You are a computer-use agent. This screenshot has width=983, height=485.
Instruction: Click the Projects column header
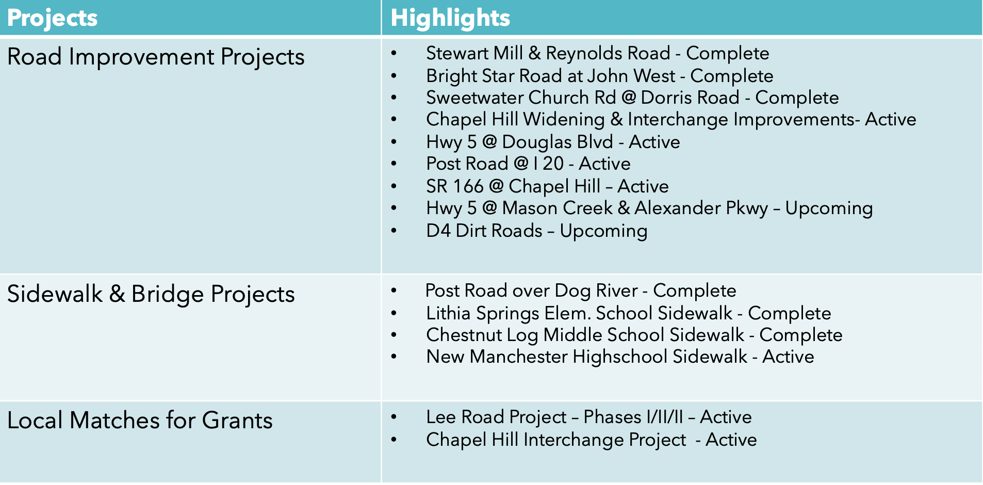coord(52,18)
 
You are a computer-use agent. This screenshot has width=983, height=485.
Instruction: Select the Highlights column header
coord(450,18)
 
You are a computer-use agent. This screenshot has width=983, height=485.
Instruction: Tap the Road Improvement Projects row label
coord(156,57)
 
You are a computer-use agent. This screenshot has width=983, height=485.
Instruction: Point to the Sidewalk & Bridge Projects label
coord(151,294)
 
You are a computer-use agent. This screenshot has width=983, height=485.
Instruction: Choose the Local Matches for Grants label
coord(140,420)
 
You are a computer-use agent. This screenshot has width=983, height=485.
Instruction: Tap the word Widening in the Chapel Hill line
coord(564,120)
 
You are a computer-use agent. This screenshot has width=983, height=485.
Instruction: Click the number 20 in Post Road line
coord(553,164)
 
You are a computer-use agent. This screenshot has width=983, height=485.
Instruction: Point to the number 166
coord(468,186)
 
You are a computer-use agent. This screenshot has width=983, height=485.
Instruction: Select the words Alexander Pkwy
coord(701,208)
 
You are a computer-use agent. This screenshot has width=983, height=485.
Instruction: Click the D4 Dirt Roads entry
coord(536,231)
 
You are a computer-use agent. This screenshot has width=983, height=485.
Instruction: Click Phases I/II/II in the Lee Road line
coord(633,417)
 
